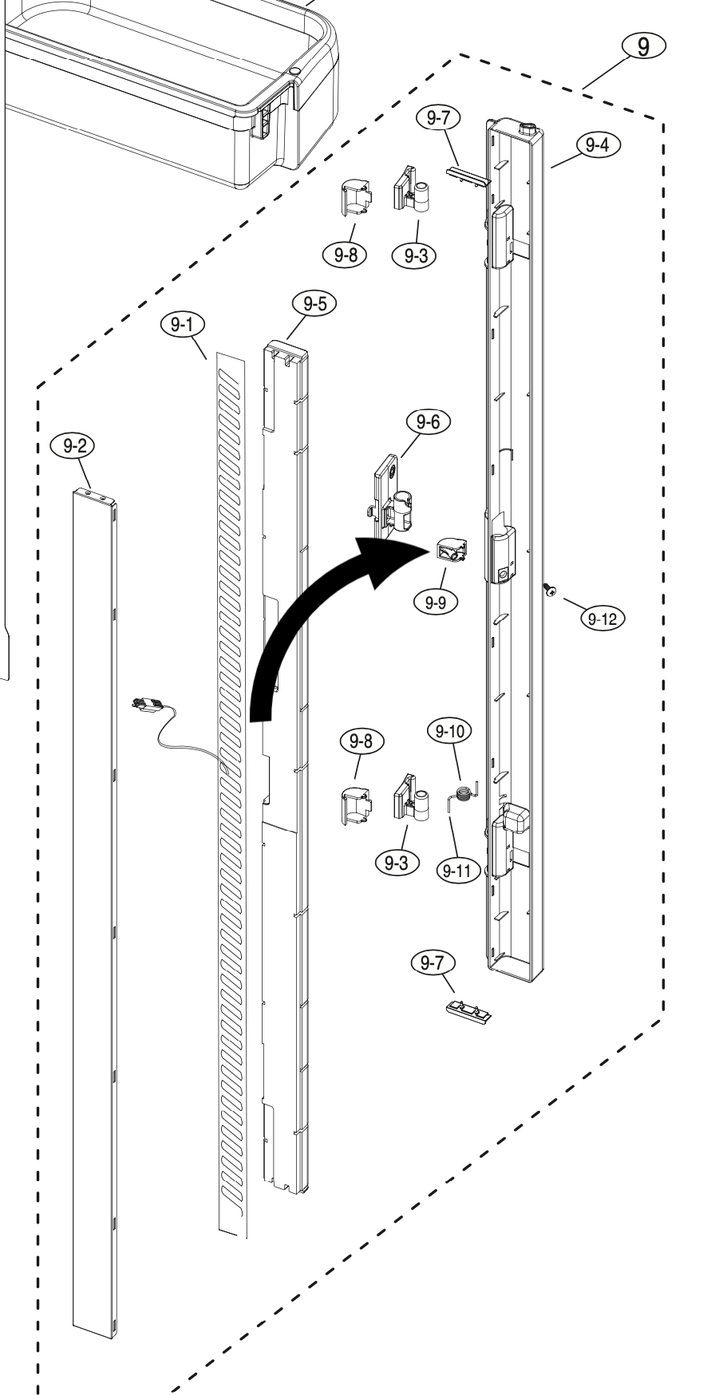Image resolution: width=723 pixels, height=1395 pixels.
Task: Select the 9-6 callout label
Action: click(x=429, y=421)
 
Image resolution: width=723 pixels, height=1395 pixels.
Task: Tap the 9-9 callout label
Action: click(x=435, y=603)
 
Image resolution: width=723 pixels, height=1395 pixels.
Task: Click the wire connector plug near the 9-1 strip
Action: click(x=147, y=705)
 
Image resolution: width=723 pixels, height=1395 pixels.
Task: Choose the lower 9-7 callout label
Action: click(x=432, y=963)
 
